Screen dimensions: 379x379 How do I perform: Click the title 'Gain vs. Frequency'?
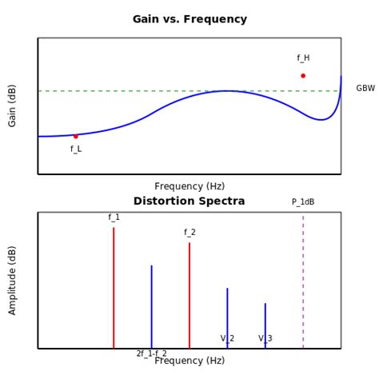pyautogui.click(x=189, y=19)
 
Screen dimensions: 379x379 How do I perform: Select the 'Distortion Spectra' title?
pyautogui.click(x=189, y=201)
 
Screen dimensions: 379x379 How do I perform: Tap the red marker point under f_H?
pyautogui.click(x=303, y=76)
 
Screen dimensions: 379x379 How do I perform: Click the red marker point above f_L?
pyautogui.click(x=76, y=136)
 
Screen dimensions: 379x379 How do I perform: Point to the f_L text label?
pyautogui.click(x=76, y=149)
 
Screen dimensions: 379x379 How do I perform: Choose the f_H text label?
pyautogui.click(x=303, y=58)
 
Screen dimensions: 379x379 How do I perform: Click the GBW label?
pyautogui.click(x=365, y=89)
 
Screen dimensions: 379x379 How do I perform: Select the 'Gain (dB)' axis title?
pyautogui.click(x=13, y=106)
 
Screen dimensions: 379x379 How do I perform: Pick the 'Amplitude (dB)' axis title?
pyautogui.click(x=13, y=280)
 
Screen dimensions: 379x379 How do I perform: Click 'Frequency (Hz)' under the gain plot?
pyautogui.click(x=189, y=186)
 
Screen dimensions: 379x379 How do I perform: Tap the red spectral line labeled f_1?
pyautogui.click(x=114, y=288)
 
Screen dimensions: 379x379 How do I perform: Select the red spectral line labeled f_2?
pyautogui.click(x=189, y=295)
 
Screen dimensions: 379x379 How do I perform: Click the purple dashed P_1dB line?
pyautogui.click(x=303, y=280)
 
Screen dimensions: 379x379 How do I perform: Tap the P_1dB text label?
pyautogui.click(x=303, y=202)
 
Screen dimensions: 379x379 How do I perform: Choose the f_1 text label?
pyautogui.click(x=114, y=217)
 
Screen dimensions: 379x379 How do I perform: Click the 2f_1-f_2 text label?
pyautogui.click(x=151, y=353)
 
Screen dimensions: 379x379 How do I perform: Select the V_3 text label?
pyautogui.click(x=265, y=339)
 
